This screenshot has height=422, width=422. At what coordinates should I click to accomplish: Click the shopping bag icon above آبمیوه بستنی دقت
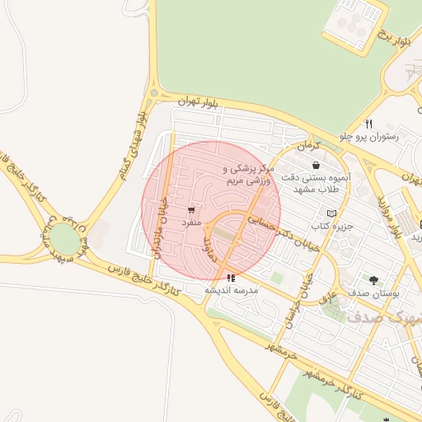pos(316,166)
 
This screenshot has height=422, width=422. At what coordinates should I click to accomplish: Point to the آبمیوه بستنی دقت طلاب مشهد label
pos(316,183)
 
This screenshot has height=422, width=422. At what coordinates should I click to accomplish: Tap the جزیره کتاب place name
pos(332,225)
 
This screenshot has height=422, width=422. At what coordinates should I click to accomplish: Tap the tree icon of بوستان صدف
pos(375,280)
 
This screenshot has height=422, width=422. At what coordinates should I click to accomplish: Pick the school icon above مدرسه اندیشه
pos(231,279)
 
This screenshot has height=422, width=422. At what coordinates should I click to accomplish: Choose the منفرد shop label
pos(191,222)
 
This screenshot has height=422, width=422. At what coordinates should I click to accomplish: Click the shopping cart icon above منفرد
pos(191,209)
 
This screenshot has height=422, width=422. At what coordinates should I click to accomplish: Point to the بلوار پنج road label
pos(392,37)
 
